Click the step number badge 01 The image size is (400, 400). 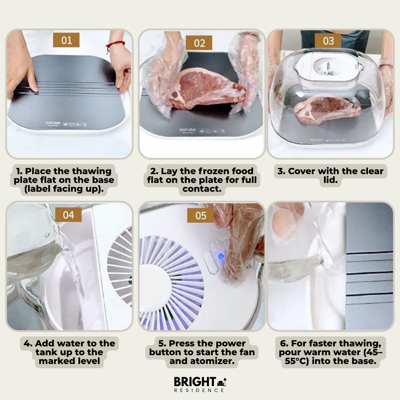66,40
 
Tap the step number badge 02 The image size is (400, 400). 199,43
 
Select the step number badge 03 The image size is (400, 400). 328,41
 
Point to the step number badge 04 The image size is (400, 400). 68,215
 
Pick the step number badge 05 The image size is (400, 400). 201,215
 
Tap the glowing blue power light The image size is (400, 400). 221,256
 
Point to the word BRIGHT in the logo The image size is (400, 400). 195,382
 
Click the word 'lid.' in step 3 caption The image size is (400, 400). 330,180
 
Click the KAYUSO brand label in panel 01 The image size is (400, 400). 53,123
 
